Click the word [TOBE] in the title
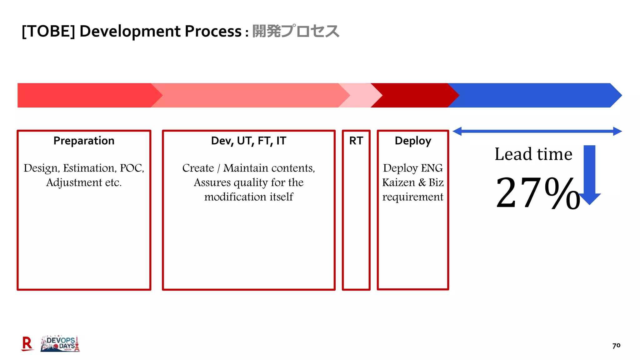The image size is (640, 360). tap(48, 31)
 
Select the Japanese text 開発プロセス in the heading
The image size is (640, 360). tap(295, 31)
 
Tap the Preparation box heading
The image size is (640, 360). tap(84, 141)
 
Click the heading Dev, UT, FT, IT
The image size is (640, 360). tap(248, 141)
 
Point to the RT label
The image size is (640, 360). tap(356, 141)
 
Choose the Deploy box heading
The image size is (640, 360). tap(413, 141)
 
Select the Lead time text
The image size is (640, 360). tap(533, 154)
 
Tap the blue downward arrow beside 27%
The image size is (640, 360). tap(589, 175)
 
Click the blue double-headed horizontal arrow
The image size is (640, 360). tap(537, 131)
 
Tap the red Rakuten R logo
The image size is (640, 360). tap(27, 344)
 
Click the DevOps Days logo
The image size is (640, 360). tap(60, 344)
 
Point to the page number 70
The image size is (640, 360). tap(616, 346)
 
